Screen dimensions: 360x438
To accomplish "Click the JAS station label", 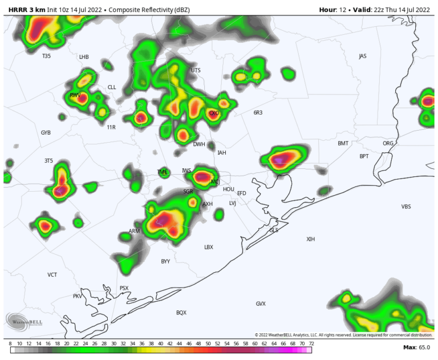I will point(363,56).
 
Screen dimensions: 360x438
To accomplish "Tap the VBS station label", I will point(406,207).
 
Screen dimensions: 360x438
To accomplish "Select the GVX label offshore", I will point(261,304).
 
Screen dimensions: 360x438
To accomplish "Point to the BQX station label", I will point(181,313).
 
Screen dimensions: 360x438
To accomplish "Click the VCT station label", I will point(52,275).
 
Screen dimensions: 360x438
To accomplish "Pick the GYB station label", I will point(46,132).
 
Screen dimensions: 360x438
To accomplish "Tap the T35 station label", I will point(46,56).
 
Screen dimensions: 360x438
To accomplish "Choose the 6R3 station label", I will point(258,113).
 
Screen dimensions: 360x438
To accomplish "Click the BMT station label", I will point(343,143).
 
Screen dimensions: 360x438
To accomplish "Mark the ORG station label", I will point(388,143).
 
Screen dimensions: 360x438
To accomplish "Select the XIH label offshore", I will point(310,239).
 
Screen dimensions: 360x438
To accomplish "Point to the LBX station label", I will point(209,247).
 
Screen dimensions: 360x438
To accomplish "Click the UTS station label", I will point(196,70).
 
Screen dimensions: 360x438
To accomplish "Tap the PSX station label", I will point(124,288).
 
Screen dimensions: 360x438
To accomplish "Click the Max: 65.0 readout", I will point(416,347).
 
